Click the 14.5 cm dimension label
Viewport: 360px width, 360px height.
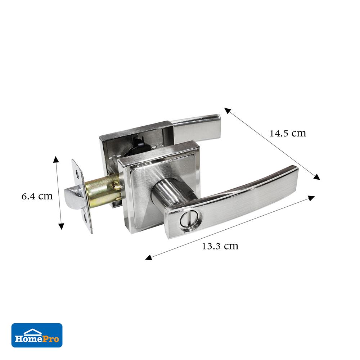point(288,134)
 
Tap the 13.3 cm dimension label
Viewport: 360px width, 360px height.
point(220,246)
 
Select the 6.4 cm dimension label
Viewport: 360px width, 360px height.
point(37,196)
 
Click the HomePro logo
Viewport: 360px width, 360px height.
point(37,335)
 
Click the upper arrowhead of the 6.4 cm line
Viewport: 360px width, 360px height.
point(56,159)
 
